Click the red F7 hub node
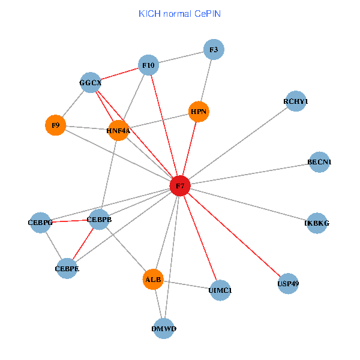point(180,186)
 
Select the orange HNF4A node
point(118,130)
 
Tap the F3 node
point(214,50)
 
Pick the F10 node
point(148,65)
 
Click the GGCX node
point(91,82)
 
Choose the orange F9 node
point(55,125)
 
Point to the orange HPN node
point(199,111)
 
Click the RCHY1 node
point(296,102)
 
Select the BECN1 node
point(319,162)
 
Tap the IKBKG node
point(317,223)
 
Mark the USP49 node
point(288,283)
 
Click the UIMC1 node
point(220,290)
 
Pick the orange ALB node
point(154,280)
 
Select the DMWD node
point(164,329)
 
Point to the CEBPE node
point(67,269)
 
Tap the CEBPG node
point(40,223)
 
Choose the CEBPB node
point(99,220)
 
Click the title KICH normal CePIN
point(179,13)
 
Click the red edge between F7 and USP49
point(234,235)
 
